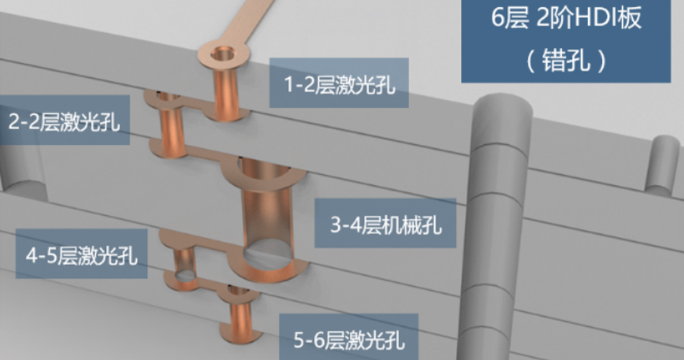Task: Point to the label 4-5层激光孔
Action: [81, 254]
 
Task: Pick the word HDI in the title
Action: [582, 19]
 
